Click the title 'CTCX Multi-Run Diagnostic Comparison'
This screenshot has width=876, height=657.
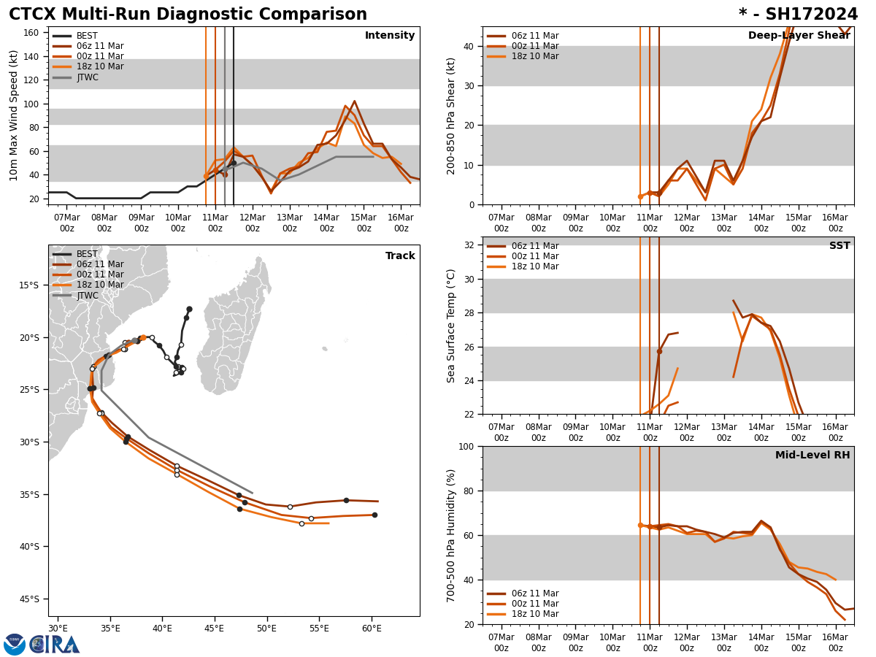[188, 15]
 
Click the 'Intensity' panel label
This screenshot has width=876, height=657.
[390, 36]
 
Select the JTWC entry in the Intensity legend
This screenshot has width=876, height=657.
[88, 77]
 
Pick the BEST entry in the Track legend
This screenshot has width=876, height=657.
[87, 254]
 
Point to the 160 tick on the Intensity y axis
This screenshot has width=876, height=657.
[31, 33]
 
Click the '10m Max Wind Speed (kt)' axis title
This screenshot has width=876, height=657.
[15, 115]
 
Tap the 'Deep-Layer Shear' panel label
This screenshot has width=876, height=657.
[799, 36]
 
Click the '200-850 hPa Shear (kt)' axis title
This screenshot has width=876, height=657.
[452, 115]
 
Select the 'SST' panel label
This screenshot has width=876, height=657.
[839, 246]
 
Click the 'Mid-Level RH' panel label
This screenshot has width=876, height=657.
[812, 456]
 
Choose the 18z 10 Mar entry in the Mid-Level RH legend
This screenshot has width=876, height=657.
[534, 614]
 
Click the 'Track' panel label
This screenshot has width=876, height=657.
[400, 256]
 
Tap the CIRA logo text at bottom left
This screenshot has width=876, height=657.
[55, 644]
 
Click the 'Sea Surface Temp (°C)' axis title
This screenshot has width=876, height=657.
[452, 326]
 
